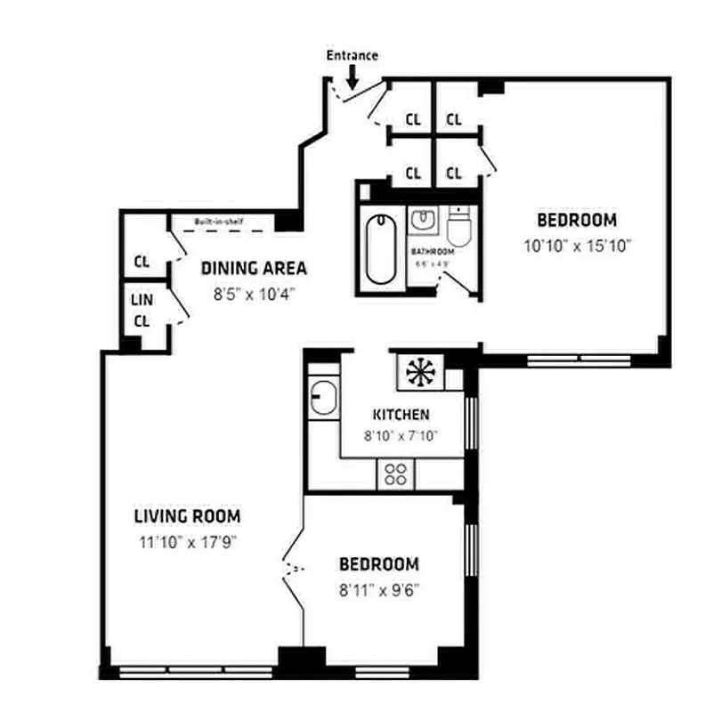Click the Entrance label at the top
[352, 55]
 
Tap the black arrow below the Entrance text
[352, 78]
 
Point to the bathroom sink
[422, 219]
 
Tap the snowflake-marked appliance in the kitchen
[417, 371]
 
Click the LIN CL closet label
[142, 311]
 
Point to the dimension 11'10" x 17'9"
[187, 541]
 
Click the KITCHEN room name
[401, 415]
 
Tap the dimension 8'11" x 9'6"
[378, 588]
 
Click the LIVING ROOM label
[187, 516]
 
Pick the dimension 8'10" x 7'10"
[401, 436]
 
